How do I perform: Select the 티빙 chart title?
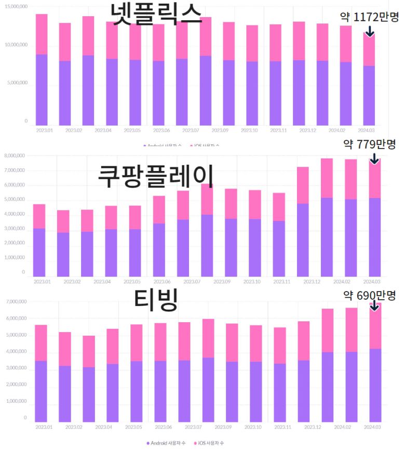coord(156,300)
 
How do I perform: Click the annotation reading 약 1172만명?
coord(369,17)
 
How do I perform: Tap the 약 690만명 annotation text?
coord(370,296)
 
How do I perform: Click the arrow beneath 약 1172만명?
coord(370,31)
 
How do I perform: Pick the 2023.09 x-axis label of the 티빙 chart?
coord(222,427)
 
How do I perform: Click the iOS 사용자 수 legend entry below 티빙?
coord(210,443)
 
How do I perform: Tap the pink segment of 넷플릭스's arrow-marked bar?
coord(369,50)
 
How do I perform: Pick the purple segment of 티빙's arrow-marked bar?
coord(375,385)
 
